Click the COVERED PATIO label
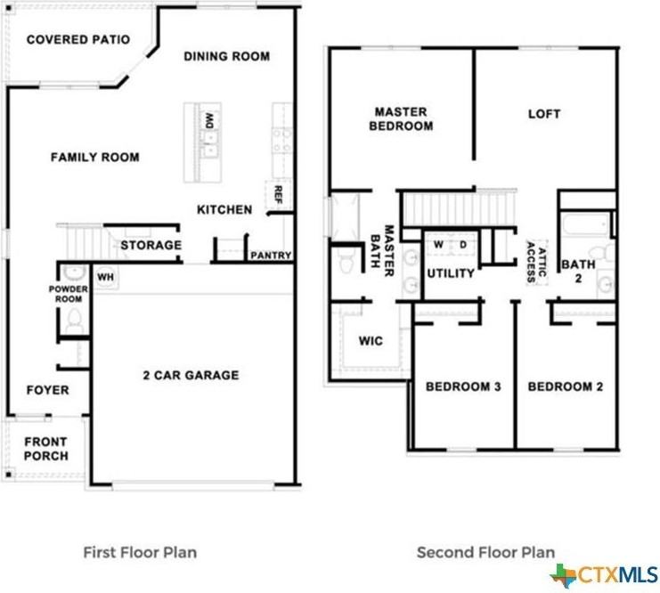click(x=78, y=39)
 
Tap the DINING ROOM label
click(x=226, y=56)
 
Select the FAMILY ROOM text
click(x=94, y=158)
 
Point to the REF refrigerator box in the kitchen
click(x=277, y=194)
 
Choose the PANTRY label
click(x=271, y=256)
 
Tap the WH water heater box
click(x=106, y=277)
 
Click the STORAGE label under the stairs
click(x=151, y=245)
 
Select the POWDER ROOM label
click(x=69, y=294)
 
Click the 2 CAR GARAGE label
click(x=191, y=375)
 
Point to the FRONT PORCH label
click(x=45, y=449)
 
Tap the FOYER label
click(x=47, y=390)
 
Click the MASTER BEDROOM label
click(x=403, y=118)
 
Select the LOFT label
click(x=544, y=113)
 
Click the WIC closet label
click(x=371, y=341)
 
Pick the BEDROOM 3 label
click(x=462, y=386)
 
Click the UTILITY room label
click(x=450, y=273)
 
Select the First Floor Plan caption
click(x=140, y=552)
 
